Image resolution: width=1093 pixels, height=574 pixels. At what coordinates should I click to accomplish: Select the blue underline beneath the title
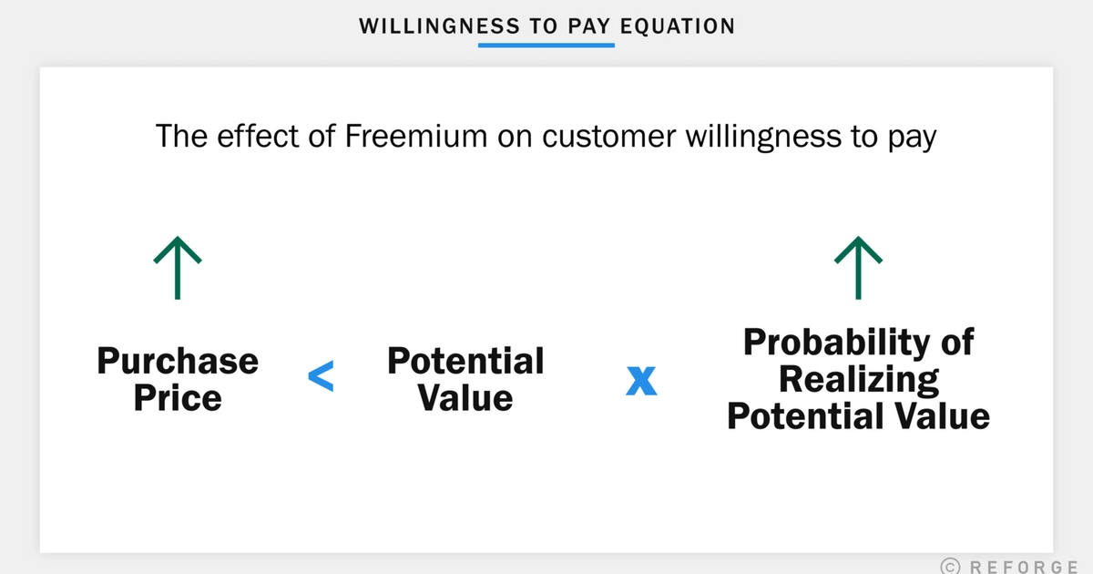click(x=546, y=44)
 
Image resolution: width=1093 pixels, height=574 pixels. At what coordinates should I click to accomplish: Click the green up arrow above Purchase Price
click(x=178, y=267)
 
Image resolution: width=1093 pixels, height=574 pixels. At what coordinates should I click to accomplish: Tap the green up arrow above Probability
click(x=858, y=267)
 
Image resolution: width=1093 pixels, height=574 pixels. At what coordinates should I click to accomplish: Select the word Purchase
click(x=178, y=362)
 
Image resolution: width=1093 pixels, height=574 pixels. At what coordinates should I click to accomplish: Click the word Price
click(x=178, y=398)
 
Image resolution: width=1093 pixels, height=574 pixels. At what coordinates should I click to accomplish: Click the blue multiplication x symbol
click(x=641, y=381)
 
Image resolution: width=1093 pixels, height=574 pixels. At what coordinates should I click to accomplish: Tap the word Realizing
click(x=859, y=379)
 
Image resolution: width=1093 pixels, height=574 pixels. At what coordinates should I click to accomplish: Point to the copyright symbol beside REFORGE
click(x=949, y=566)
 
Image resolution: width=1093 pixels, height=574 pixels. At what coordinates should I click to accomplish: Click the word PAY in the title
click(x=586, y=26)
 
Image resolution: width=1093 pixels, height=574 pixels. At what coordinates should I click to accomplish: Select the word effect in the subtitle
click(x=246, y=137)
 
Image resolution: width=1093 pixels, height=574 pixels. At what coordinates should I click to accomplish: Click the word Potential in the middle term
click(x=465, y=362)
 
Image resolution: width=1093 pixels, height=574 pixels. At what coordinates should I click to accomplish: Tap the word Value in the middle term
click(x=465, y=398)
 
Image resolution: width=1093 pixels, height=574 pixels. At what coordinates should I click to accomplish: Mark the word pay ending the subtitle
click(x=910, y=138)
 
